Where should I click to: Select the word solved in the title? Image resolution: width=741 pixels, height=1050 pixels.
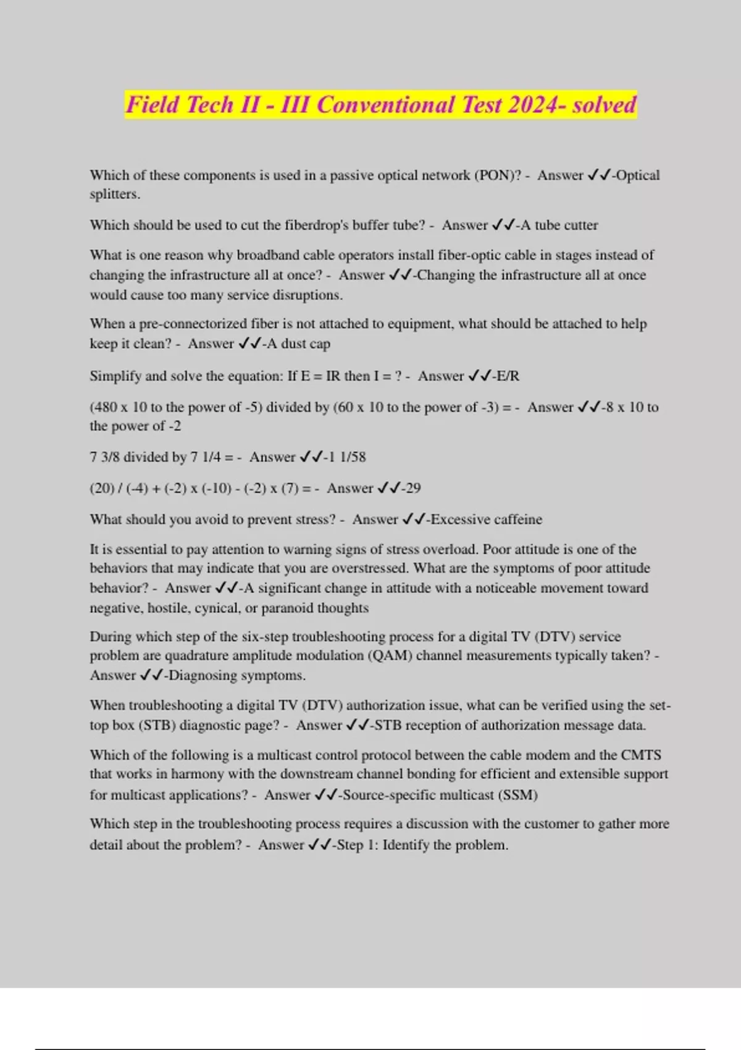click(x=604, y=104)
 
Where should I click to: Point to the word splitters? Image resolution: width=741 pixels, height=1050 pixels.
click(x=114, y=194)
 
